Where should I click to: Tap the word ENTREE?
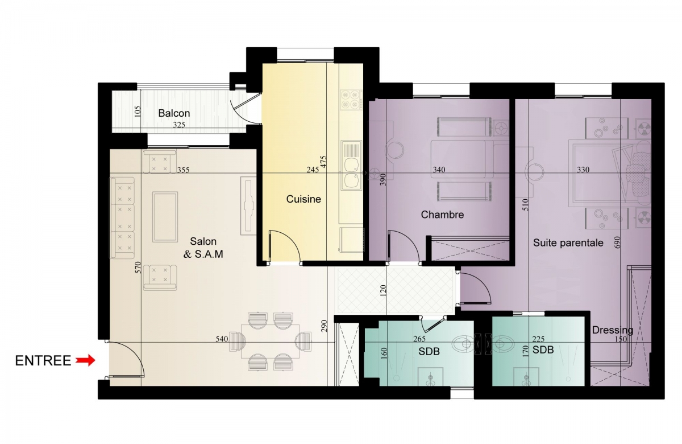pyautogui.click(x=43, y=361)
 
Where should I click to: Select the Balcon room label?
pyautogui.click(x=174, y=113)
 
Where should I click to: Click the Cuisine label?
pyautogui.click(x=303, y=199)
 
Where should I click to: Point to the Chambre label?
pyautogui.click(x=442, y=215)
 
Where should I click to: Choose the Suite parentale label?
pyautogui.click(x=568, y=242)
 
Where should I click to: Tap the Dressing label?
pyautogui.click(x=613, y=330)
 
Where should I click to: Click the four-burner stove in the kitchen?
pyautogui.click(x=351, y=100)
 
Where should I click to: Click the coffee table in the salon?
pyautogui.click(x=165, y=217)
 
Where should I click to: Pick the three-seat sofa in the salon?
pyautogui.click(x=122, y=217)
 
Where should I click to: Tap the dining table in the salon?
pyautogui.click(x=270, y=341)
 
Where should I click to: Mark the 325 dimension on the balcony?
pyautogui.click(x=179, y=125)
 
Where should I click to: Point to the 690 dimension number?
pyautogui.click(x=617, y=242)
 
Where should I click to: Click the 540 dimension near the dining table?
pyautogui.click(x=222, y=339)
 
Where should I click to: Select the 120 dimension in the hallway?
pyautogui.click(x=383, y=291)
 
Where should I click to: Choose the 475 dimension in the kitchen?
pyautogui.click(x=323, y=162)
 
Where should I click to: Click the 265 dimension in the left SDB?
pyautogui.click(x=419, y=339)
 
